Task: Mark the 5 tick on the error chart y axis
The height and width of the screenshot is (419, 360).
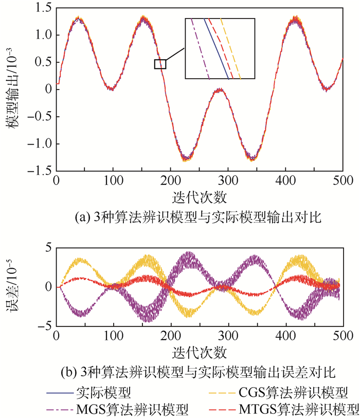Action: [x=48, y=248]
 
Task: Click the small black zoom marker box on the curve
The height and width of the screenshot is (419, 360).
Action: [x=160, y=64]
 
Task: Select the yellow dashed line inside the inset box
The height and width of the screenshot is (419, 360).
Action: [x=230, y=49]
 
